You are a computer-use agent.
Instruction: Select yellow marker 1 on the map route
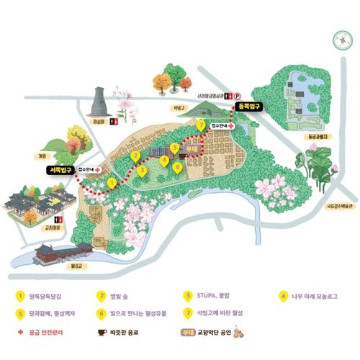112,184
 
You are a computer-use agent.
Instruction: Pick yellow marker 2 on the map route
135,156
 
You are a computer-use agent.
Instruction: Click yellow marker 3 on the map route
143,171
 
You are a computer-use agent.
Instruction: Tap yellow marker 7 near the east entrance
201,125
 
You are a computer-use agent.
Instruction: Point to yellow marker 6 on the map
177,166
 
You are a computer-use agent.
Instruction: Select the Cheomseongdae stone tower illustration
100,106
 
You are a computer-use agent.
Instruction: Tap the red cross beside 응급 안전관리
20,334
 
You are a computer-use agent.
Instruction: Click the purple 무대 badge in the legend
187,334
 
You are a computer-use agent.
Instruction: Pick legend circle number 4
282,294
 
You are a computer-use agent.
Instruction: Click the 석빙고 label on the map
174,109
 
